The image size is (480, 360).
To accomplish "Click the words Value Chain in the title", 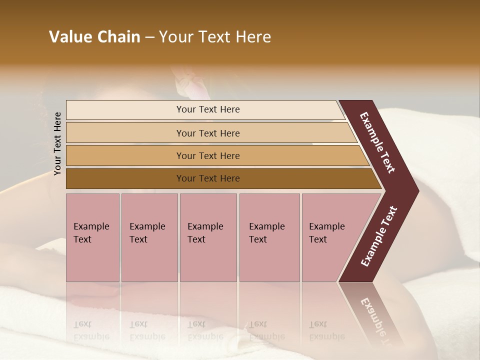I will click(94, 37).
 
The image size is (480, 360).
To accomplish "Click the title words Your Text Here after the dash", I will click(215, 37).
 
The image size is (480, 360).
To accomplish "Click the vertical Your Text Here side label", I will click(57, 143).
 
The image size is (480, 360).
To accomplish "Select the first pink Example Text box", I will click(93, 237).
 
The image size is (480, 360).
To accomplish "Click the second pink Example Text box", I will click(149, 237).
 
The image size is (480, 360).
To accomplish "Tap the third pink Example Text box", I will click(208, 237).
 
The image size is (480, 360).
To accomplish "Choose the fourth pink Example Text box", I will click(269, 237).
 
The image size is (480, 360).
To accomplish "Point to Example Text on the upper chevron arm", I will click(377, 142).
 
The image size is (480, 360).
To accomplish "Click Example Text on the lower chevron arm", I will click(379, 236).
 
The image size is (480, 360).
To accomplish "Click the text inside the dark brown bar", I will click(208, 178).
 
